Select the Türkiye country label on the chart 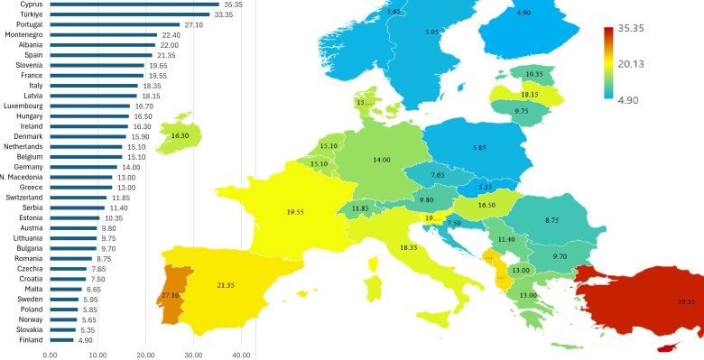click(30, 14)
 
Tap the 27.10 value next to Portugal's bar click(194, 25)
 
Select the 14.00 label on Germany click(382, 160)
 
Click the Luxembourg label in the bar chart click(24, 106)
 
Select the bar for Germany click(84, 167)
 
